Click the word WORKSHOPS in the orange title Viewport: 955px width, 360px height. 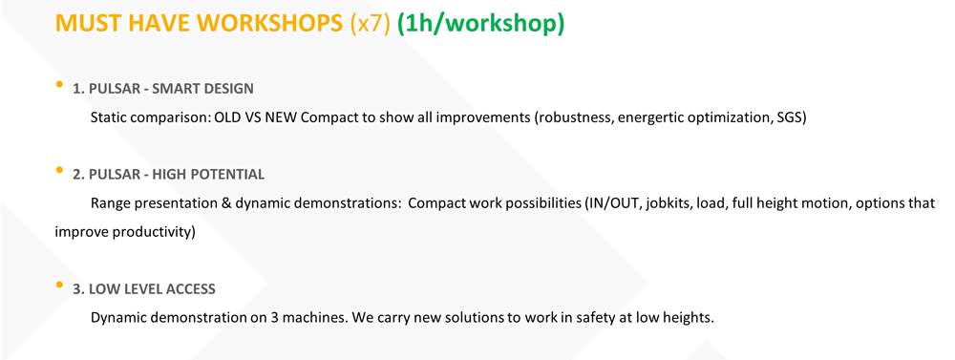[268, 24]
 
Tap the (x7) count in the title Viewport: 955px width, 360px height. [371, 25]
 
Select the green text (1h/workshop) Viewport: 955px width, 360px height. [481, 25]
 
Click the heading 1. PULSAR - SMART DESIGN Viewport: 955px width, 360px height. [163, 88]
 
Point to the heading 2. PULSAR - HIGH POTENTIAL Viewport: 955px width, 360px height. [169, 174]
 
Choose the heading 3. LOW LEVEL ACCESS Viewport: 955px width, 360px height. [144, 288]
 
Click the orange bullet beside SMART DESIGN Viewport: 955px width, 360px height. [59, 85]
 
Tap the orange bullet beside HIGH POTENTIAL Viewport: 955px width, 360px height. [59, 171]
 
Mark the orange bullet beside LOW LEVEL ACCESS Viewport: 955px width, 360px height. [59, 285]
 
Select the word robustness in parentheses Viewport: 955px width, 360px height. [574, 117]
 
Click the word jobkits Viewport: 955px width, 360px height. [654, 203]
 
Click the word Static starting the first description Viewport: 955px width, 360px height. [107, 117]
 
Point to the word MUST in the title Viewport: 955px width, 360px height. [83, 24]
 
